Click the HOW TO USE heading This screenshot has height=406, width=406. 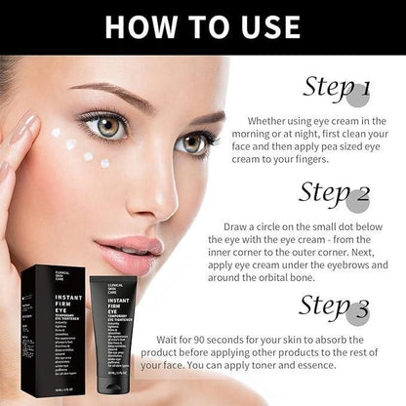(203, 27)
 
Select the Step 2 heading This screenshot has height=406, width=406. (334, 194)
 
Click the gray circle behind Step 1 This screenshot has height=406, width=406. (360, 93)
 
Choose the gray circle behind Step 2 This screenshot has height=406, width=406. (358, 200)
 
